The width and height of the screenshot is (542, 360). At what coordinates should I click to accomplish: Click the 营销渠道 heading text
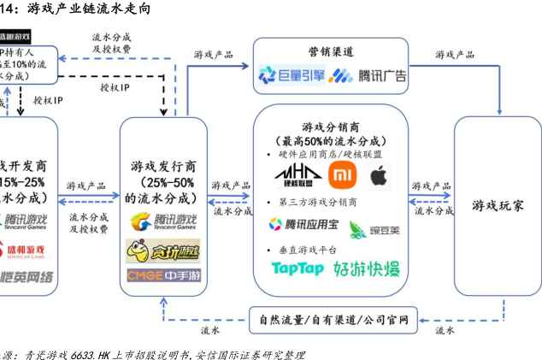click(333, 52)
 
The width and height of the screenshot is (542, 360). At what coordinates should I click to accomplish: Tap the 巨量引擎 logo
click(292, 77)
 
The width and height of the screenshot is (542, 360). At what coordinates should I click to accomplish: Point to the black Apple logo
click(380, 176)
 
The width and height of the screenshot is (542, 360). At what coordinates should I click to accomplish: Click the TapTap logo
click(298, 269)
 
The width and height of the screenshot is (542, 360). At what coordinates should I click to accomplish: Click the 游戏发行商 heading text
click(162, 166)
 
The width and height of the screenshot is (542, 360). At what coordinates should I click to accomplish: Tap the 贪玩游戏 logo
click(162, 251)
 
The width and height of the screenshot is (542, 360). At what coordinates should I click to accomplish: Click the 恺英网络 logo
click(26, 277)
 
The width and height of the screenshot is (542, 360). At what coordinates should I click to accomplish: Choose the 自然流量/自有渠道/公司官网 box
click(333, 322)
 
